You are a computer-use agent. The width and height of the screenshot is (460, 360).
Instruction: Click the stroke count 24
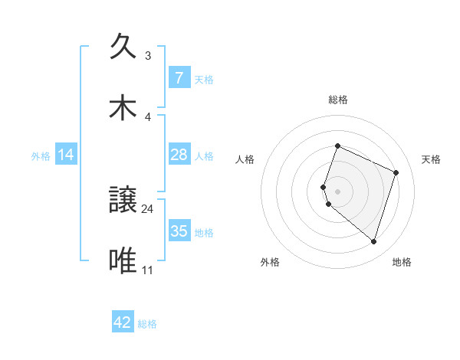[x=148, y=208]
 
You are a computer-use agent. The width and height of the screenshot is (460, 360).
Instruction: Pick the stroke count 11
[x=148, y=270]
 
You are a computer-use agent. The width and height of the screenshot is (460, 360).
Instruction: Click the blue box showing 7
[x=179, y=77]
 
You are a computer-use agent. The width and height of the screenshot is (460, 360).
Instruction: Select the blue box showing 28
[x=179, y=155]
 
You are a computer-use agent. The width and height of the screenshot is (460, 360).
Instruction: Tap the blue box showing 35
[x=179, y=231]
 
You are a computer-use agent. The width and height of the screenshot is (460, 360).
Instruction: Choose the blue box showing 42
[x=123, y=322]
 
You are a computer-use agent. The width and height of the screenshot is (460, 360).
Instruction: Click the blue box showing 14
[x=66, y=155]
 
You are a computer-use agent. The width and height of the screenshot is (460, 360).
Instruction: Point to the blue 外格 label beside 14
[x=41, y=155]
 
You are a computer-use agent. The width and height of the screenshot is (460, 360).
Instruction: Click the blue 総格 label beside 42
[x=147, y=324]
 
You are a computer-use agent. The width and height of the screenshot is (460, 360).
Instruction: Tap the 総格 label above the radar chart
[x=337, y=100]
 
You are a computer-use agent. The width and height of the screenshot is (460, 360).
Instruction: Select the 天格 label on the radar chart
[x=432, y=159]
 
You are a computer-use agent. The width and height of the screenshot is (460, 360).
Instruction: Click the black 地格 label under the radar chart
[x=402, y=262]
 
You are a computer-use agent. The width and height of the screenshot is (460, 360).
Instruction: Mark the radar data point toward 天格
[x=396, y=172]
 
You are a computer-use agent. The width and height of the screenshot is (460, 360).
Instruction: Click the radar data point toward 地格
[x=373, y=242]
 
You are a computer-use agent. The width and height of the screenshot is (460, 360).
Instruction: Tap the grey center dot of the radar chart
[x=337, y=191]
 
